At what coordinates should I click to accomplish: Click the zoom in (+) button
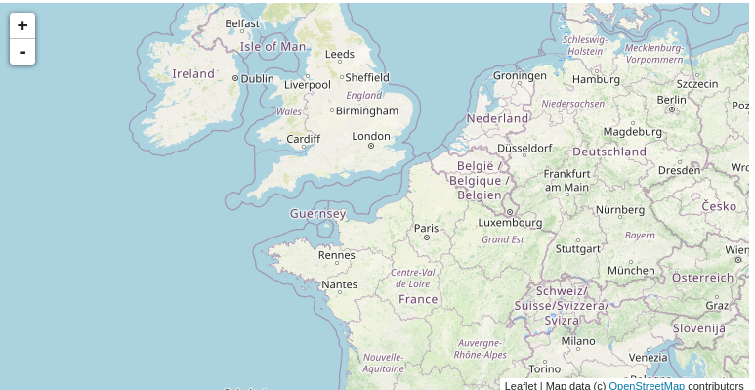22,25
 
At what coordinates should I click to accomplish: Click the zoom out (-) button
22,52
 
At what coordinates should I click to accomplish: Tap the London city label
371,136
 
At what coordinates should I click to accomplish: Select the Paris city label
426,228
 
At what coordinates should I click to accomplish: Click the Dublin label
257,78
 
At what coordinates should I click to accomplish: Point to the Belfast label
242,22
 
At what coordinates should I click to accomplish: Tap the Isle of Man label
273,46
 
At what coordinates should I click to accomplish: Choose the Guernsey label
317,213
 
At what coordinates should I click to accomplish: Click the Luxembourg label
509,222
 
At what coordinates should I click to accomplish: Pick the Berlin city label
671,99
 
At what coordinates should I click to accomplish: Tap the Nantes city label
339,284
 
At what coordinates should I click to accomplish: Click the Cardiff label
303,139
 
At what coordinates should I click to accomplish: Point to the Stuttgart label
577,248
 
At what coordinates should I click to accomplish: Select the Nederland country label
497,118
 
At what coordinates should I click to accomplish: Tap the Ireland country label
193,73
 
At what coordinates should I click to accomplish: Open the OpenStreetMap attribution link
646,385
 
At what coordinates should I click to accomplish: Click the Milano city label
577,341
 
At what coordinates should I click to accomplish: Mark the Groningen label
521,75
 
